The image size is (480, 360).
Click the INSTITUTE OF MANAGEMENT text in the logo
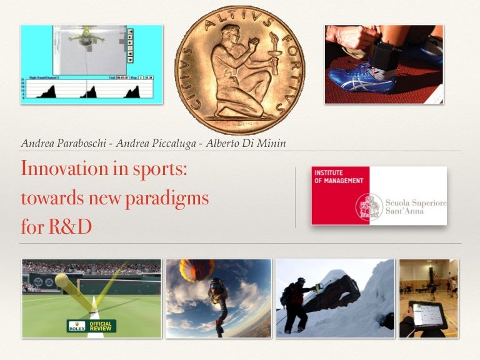pyautogui.click(x=338, y=176)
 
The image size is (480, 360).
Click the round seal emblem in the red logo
pyautogui.click(x=369, y=207)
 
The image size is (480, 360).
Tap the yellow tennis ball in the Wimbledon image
pyautogui.click(x=61, y=281)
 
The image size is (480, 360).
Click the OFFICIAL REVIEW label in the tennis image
pyautogui.click(x=100, y=326)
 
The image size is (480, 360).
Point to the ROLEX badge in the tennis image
pyautogui.click(x=76, y=326)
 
